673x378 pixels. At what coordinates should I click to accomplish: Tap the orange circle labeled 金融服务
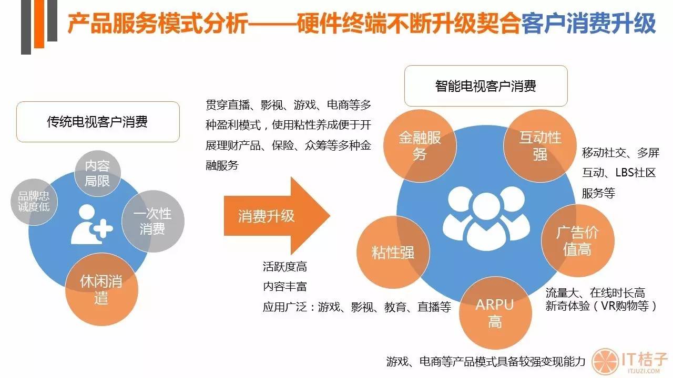tap(420, 145)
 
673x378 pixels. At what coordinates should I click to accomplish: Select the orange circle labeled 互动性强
tap(540, 145)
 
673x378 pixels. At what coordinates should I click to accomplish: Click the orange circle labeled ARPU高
tap(495, 313)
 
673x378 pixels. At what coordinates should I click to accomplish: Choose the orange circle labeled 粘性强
tap(393, 252)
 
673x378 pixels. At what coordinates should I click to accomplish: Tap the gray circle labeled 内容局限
tap(97, 174)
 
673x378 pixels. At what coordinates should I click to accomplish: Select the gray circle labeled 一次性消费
tap(152, 221)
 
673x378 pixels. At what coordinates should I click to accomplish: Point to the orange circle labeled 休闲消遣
tap(101, 289)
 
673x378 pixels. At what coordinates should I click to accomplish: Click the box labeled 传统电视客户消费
tap(98, 122)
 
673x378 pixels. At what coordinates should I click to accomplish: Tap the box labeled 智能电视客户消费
tap(485, 86)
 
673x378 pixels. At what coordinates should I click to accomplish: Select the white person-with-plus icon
tap(91, 225)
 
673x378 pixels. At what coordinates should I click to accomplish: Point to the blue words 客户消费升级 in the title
tap(588, 25)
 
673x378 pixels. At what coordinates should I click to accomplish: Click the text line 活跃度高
tap(284, 267)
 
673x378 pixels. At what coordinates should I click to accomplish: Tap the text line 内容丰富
tap(284, 287)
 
